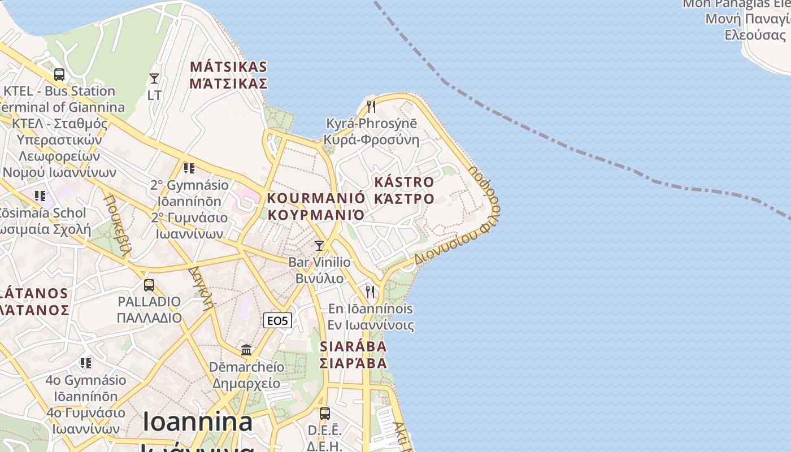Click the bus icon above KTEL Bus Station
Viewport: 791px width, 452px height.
[x=59, y=74]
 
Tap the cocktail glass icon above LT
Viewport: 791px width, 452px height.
[x=154, y=79]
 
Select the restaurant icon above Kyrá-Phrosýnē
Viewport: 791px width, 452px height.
[x=371, y=106]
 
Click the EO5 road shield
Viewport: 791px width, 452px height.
[x=277, y=321]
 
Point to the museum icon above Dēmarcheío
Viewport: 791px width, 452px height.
[x=246, y=350]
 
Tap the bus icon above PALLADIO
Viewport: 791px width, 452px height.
[x=149, y=285]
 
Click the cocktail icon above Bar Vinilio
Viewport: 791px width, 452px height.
[x=319, y=245]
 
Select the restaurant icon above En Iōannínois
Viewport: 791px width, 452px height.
[x=370, y=292]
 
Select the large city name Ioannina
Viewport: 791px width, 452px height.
[x=197, y=422]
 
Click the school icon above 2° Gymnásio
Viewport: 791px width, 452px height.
[x=189, y=168]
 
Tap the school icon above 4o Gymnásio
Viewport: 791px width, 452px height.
[x=86, y=362]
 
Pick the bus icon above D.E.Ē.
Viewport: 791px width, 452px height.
[x=324, y=413]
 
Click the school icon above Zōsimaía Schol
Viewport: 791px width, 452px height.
[x=40, y=196]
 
